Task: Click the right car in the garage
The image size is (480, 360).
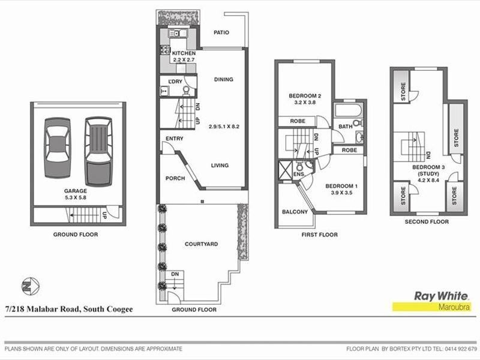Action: [98, 151]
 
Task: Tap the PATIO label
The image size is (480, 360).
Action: [222, 34]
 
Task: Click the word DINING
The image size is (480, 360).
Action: [223, 79]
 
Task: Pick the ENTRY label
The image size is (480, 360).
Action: [174, 139]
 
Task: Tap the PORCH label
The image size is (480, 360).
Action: [175, 178]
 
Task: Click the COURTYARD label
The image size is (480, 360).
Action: [201, 244]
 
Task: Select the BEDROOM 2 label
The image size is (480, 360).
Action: [305, 96]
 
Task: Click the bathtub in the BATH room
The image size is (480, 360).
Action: [347, 111]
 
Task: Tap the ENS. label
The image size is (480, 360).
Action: [298, 174]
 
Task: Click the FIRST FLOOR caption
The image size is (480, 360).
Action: [319, 235]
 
